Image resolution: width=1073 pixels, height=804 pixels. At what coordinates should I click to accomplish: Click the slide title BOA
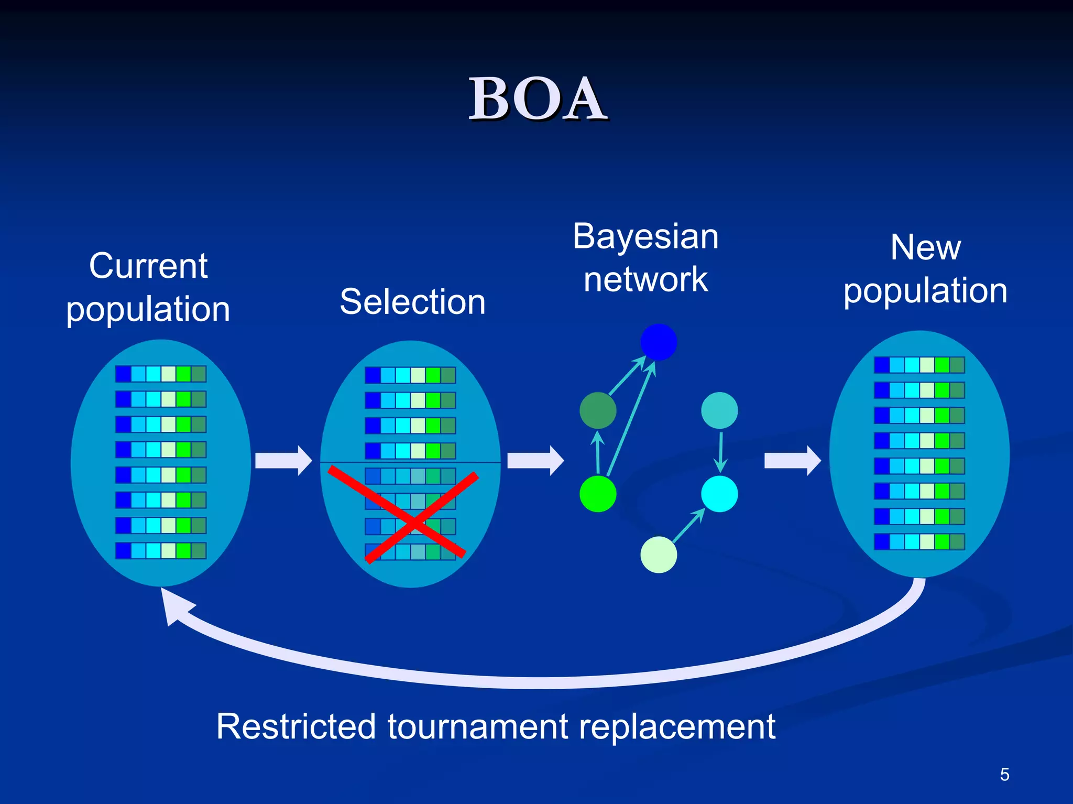pos(538,99)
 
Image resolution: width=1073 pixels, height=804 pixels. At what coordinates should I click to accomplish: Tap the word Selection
pos(412,302)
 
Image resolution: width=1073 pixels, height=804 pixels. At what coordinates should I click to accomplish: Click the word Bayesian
pos(645,237)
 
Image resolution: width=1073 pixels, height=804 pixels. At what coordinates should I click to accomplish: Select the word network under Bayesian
pos(645,279)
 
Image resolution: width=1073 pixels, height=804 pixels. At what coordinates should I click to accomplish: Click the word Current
pos(148,266)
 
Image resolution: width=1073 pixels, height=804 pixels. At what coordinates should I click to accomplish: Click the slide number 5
pos(1004,774)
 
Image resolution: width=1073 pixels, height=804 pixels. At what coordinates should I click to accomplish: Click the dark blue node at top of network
pos(659,342)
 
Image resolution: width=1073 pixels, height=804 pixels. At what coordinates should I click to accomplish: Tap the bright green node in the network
pos(598,494)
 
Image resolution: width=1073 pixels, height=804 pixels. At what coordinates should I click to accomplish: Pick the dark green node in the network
pos(598,410)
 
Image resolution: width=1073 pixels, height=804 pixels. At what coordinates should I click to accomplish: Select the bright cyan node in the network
pos(719,494)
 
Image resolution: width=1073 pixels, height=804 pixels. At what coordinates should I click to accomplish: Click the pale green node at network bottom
pos(659,555)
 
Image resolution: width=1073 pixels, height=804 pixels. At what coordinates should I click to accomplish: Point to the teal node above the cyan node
pos(719,410)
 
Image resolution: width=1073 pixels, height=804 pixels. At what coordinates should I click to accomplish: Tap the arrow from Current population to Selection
pos(283,461)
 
